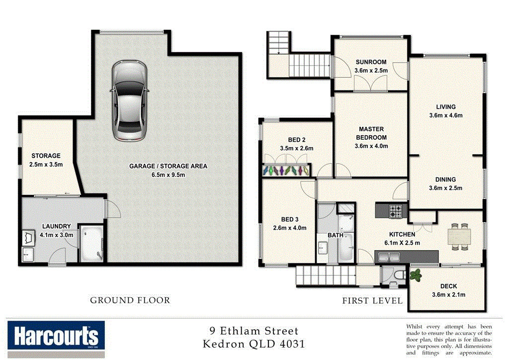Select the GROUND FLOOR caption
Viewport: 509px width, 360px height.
130,300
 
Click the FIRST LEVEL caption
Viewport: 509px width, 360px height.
372,300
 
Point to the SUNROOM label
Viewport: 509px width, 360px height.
371,62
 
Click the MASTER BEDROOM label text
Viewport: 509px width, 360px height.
371,133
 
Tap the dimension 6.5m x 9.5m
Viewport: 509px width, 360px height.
168,175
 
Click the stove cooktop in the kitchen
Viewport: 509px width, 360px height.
395,212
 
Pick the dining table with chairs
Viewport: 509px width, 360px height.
458,237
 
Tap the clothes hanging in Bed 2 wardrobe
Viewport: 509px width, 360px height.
286,170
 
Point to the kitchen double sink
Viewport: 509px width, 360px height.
390,257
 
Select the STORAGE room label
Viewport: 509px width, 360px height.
46,156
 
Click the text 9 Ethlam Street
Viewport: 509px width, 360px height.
254,331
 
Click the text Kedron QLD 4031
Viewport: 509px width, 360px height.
254,343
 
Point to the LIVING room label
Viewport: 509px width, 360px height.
445,107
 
